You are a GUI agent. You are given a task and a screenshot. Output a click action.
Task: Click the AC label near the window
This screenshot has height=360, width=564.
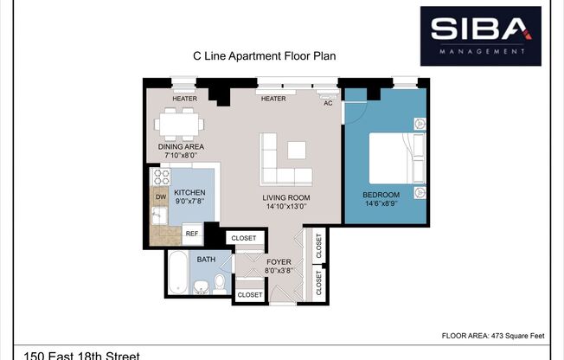click(x=328, y=103)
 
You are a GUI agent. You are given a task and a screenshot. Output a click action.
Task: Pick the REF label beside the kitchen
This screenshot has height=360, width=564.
click(x=191, y=234)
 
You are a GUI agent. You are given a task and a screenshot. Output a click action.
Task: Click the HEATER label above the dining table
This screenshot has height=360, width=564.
click(x=184, y=99)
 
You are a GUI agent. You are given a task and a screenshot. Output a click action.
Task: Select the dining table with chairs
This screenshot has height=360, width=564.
click(x=180, y=125)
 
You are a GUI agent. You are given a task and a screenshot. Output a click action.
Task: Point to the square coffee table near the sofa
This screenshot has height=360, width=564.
click(x=297, y=150)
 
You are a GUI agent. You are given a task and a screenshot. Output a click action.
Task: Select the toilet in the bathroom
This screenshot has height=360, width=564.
click(x=220, y=283)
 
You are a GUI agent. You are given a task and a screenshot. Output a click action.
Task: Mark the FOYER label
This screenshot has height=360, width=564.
click(x=279, y=261)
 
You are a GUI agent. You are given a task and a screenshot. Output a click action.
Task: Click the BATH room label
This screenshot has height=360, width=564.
click(x=206, y=260)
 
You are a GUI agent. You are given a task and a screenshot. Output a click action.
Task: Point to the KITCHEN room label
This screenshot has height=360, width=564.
click(x=189, y=192)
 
